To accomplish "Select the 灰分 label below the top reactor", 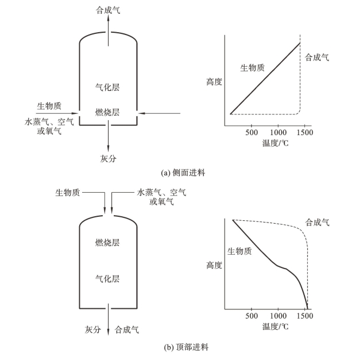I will [x=108, y=158].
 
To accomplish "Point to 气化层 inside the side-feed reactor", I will [x=108, y=87].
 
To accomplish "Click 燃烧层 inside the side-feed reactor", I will [x=108, y=110].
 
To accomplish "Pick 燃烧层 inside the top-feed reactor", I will [x=108, y=244].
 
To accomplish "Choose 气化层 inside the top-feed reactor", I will [x=108, y=279].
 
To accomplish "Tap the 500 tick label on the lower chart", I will [x=251, y=316].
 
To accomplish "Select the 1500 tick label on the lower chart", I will [x=307, y=316].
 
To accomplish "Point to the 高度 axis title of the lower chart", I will [x=214, y=266].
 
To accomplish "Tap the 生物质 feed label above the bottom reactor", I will [x=67, y=192].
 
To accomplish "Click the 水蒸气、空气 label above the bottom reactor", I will [x=161, y=192].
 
